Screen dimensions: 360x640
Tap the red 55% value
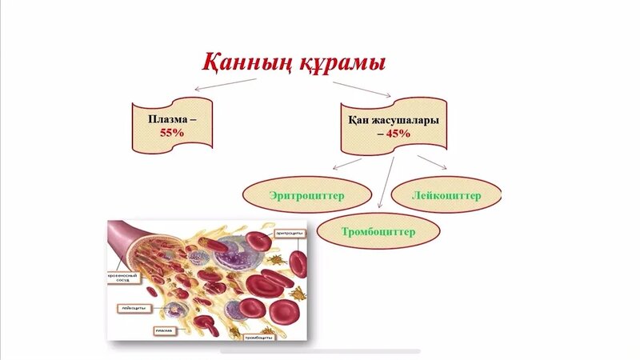(172, 133)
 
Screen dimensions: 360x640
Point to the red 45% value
(398, 134)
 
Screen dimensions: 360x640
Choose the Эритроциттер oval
(306, 194)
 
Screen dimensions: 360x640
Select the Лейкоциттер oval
(447, 194)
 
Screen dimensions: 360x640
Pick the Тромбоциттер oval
(378, 231)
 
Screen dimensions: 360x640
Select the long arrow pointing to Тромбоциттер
(386, 185)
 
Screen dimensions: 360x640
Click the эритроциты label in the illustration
(288, 233)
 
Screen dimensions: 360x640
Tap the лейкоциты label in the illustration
(131, 306)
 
